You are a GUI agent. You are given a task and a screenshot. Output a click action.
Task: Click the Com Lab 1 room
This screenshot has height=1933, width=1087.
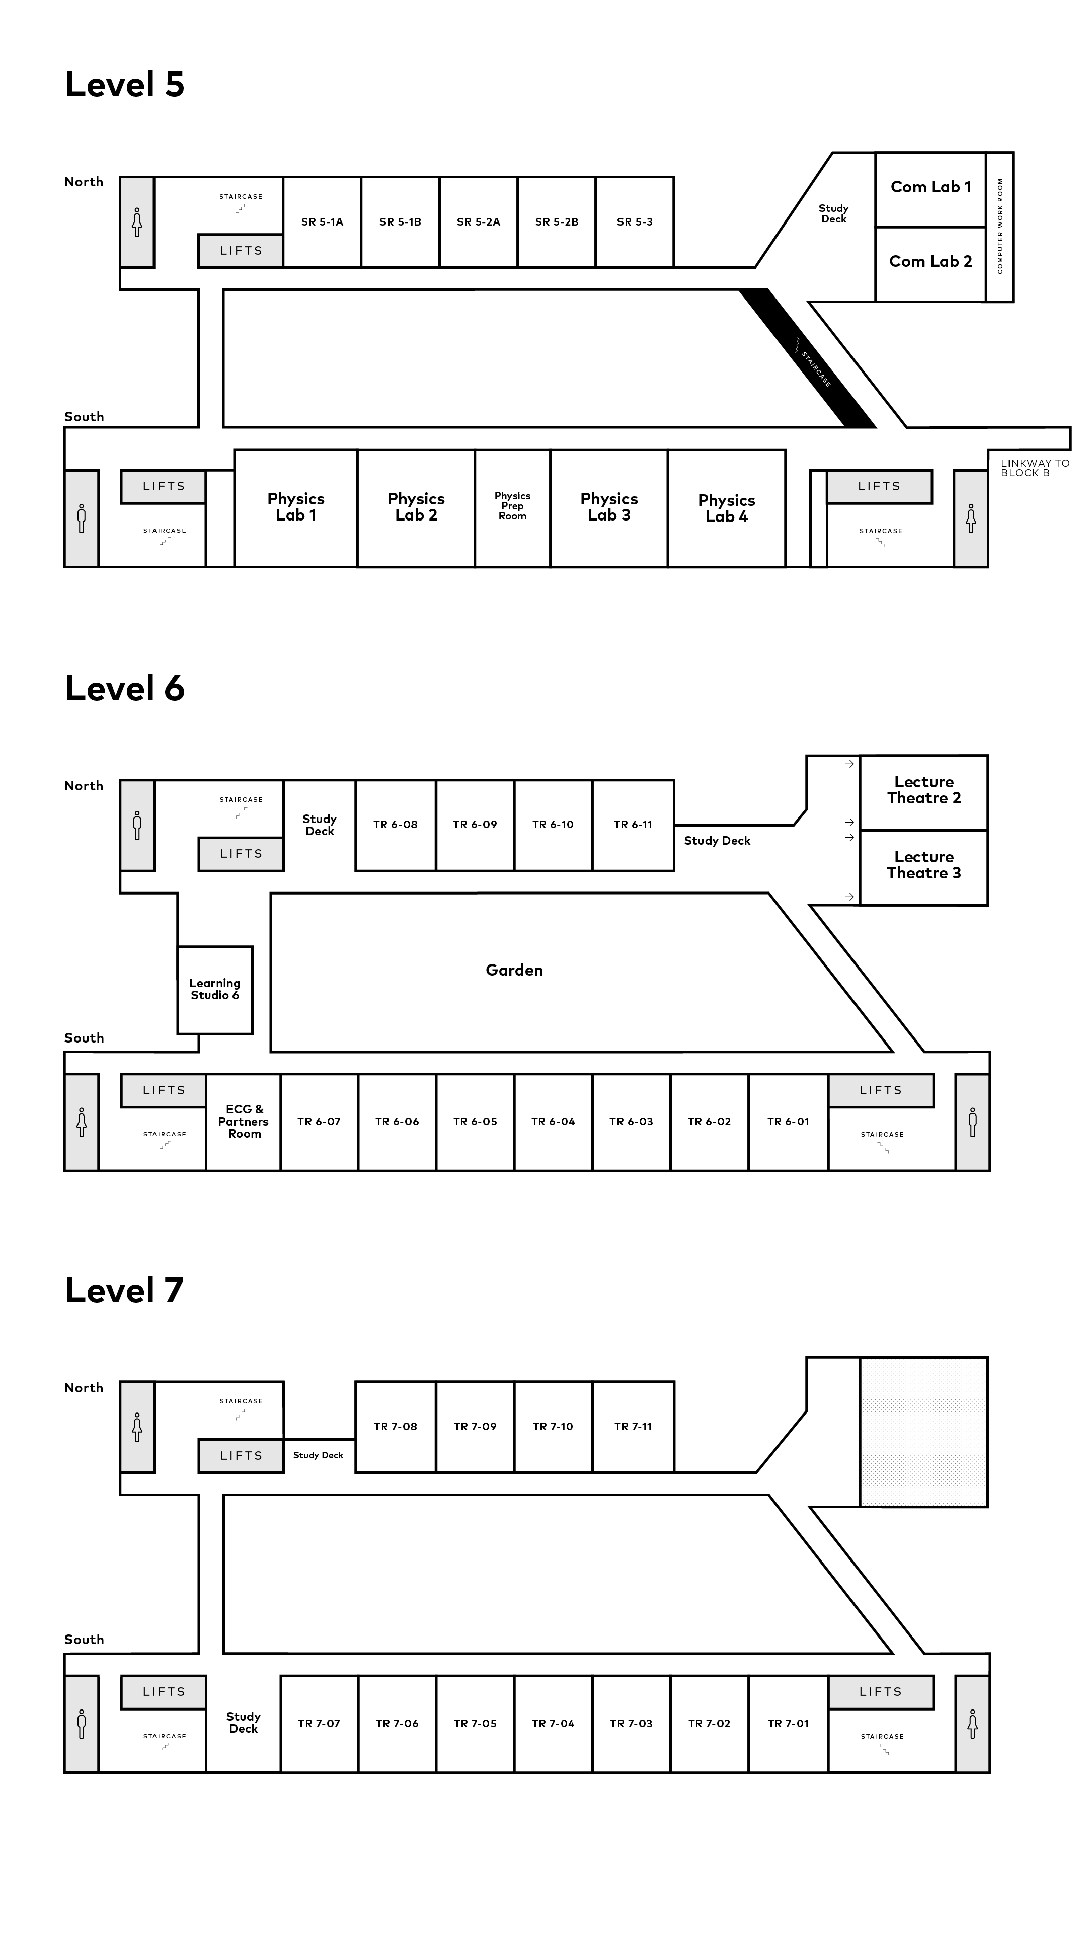pyautogui.click(x=930, y=189)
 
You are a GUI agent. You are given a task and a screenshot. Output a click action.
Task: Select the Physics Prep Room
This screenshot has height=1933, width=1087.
pyautogui.click(x=512, y=508)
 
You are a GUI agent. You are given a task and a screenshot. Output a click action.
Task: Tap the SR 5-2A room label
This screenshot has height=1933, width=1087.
pyautogui.click(x=479, y=222)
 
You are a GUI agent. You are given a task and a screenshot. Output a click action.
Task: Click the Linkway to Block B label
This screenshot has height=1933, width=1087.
pyautogui.click(x=1035, y=468)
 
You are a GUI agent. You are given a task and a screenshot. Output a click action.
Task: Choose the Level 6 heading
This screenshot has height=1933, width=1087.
pyautogui.click(x=124, y=688)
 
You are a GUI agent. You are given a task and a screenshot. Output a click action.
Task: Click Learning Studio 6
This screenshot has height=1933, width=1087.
pyautogui.click(x=214, y=990)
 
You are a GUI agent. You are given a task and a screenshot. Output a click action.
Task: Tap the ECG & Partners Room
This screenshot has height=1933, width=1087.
pyautogui.click(x=244, y=1122)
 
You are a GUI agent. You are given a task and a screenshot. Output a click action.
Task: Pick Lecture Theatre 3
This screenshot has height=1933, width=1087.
pyautogui.click(x=923, y=867)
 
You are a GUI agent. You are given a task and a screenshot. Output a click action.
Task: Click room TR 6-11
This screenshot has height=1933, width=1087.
pyautogui.click(x=633, y=826)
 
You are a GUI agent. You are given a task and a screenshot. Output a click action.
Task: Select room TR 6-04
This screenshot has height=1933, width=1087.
pyautogui.click(x=553, y=1122)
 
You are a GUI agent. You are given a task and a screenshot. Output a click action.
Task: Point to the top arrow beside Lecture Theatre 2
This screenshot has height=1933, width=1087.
pyautogui.click(x=849, y=764)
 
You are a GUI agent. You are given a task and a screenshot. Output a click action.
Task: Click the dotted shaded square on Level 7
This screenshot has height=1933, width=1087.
pyautogui.click(x=923, y=1432)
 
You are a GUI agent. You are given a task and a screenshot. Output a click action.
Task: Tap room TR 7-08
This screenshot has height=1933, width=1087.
pyautogui.click(x=396, y=1427)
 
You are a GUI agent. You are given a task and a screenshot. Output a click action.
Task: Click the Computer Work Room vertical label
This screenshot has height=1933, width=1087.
pyautogui.click(x=1000, y=226)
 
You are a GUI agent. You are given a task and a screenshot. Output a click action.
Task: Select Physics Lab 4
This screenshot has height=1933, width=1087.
pyautogui.click(x=727, y=508)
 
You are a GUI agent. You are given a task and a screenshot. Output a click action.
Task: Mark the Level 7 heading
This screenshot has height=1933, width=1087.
pyautogui.click(x=124, y=1290)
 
